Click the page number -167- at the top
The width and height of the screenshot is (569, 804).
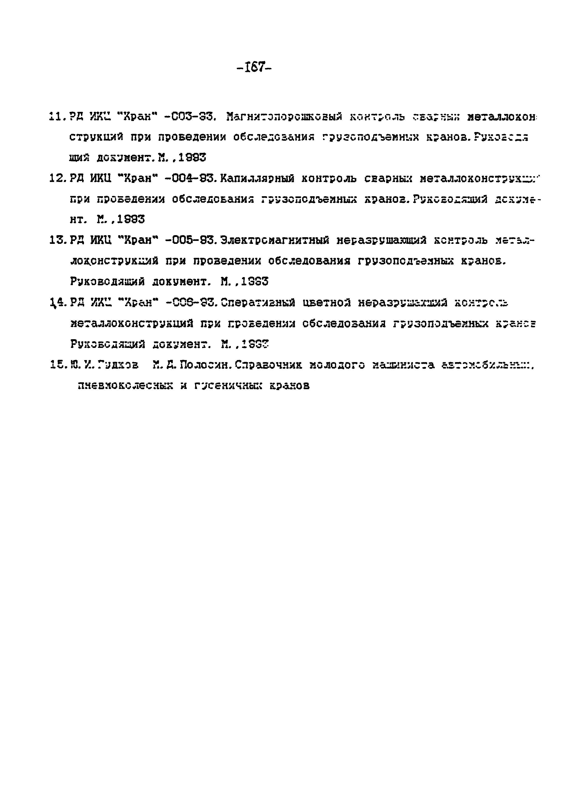[254, 66]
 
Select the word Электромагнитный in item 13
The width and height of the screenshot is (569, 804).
[275, 240]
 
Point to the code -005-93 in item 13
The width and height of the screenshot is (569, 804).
[189, 240]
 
